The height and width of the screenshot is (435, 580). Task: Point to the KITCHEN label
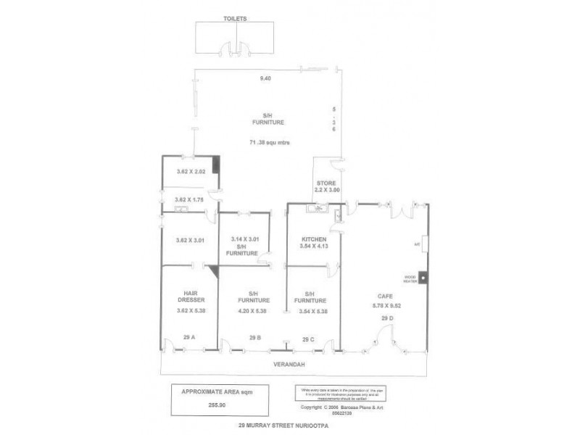tap(314, 240)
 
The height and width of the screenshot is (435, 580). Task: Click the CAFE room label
tap(385, 296)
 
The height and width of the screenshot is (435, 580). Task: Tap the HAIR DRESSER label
tap(187, 296)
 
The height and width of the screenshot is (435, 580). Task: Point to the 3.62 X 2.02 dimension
tap(192, 172)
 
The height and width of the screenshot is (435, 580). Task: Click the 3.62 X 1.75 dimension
tap(192, 200)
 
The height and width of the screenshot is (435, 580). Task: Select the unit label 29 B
tap(254, 337)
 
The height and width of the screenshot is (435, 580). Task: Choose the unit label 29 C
tap(308, 339)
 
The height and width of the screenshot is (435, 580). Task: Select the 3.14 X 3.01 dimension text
tap(245, 239)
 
